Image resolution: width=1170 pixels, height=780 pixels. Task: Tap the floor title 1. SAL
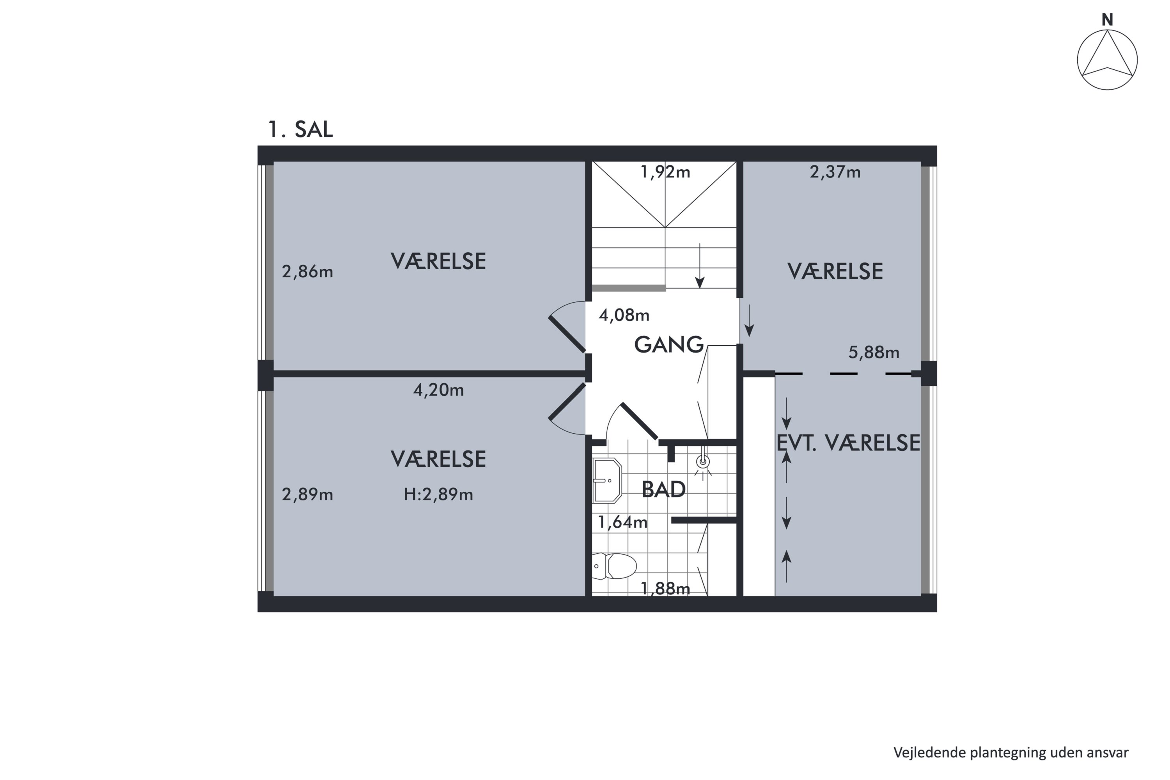click(300, 129)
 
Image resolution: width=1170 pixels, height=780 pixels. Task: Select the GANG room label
click(669, 345)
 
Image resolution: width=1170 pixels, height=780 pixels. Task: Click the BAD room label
click(664, 489)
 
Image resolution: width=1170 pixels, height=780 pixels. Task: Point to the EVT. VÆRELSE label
click(848, 443)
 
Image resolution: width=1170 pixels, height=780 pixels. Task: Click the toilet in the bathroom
click(614, 566)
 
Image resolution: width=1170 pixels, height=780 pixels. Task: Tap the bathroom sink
click(607, 480)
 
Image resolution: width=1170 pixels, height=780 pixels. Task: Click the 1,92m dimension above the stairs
click(665, 172)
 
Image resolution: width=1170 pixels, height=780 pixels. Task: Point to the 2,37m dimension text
click(835, 172)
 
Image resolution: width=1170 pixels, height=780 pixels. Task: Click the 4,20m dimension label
click(438, 390)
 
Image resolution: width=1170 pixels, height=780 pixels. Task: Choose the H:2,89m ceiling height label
click(438, 495)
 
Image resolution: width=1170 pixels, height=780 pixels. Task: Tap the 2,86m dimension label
click(307, 271)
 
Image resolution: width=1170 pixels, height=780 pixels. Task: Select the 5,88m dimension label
click(874, 353)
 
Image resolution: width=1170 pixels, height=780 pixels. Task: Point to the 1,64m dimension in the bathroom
click(622, 522)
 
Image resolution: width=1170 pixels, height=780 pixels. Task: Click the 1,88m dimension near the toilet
click(665, 589)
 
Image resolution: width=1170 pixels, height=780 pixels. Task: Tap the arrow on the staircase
click(700, 266)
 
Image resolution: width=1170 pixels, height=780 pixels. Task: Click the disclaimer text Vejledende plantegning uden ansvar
click(1011, 753)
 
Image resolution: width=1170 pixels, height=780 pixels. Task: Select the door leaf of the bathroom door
click(640, 421)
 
